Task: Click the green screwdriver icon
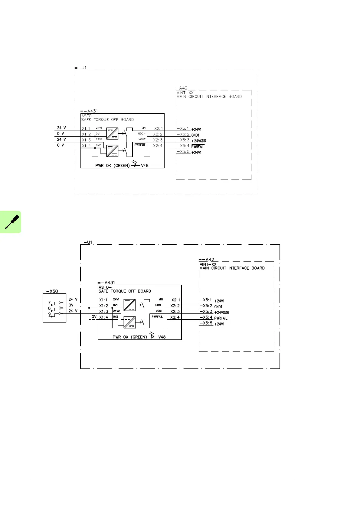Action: point(11,222)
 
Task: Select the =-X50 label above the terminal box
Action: point(50,291)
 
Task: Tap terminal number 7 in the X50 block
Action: point(49,302)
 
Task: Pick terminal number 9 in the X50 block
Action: point(49,314)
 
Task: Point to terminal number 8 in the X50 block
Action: point(49,308)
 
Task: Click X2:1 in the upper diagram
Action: point(158,128)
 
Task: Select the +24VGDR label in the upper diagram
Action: point(199,141)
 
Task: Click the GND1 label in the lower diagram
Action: point(218,307)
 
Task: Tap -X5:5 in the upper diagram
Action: point(183,151)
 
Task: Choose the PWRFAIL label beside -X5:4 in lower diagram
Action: point(221,318)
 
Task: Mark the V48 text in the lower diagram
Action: point(162,337)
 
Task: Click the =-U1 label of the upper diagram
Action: point(80,68)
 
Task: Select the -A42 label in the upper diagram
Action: point(182,88)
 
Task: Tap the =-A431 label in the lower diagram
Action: point(106,283)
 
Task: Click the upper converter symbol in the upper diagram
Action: point(112,133)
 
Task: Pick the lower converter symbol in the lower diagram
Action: point(129,322)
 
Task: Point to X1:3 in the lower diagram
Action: point(103,312)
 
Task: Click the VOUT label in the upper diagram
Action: point(142,139)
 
